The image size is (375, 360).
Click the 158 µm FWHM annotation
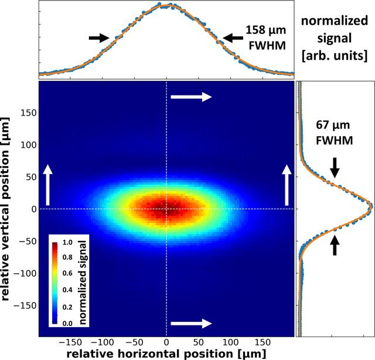(266, 38)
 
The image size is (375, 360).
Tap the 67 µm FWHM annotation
(334, 133)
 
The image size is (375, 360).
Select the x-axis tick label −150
(70, 342)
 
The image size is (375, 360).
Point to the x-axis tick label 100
(230, 342)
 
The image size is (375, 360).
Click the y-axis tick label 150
(29, 113)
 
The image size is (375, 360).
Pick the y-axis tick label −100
(25, 273)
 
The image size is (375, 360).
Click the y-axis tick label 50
(31, 177)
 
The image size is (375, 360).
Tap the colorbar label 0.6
(67, 273)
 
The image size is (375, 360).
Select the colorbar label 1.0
(67, 242)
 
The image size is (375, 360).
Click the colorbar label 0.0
(67, 324)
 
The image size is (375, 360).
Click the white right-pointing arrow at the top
(192, 97)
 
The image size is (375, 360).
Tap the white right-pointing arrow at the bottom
(192, 324)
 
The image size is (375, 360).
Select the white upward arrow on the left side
(47, 185)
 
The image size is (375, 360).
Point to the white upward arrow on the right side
(287, 185)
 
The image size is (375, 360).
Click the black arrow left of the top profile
(99, 38)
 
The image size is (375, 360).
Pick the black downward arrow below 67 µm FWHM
(335, 168)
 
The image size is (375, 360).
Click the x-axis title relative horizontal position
(166, 354)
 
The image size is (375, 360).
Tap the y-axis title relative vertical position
(5, 209)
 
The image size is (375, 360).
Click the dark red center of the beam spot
(166, 209)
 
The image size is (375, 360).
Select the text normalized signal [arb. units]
(335, 38)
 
